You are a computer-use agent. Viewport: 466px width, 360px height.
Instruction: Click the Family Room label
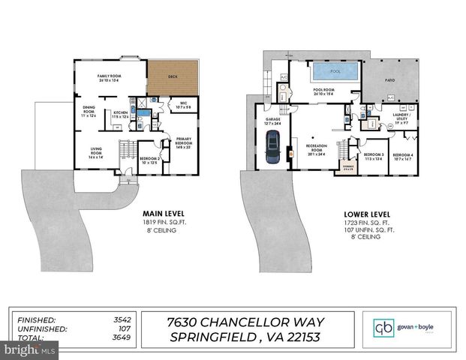110,78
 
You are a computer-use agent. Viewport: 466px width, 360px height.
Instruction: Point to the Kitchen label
120,113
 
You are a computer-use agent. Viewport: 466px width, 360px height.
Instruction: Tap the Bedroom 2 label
150,160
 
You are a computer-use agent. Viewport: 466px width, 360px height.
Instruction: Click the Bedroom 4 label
403,156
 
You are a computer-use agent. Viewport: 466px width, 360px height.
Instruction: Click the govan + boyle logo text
416,328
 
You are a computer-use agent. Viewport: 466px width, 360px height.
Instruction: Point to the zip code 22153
295,337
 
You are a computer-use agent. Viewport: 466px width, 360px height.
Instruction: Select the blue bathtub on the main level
139,115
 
